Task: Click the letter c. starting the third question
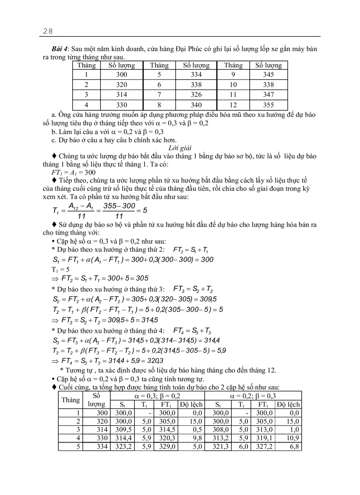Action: click(54, 141)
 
